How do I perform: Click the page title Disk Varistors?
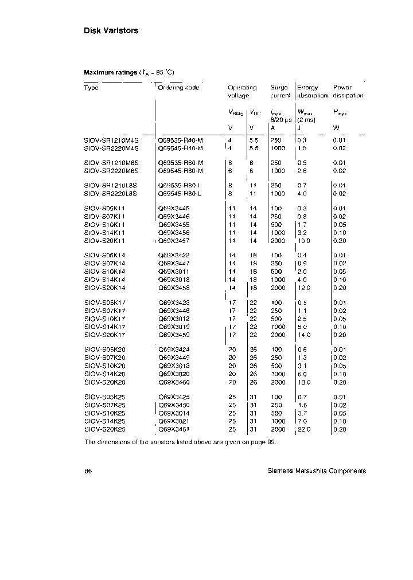tap(111, 31)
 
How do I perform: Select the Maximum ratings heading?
tap(111, 72)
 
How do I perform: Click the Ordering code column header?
tap(179, 88)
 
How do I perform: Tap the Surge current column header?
tap(280, 92)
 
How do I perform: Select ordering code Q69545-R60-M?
tap(181, 171)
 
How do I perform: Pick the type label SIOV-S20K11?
tap(104, 241)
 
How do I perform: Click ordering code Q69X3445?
tap(174, 208)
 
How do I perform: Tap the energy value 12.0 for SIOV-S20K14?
tap(304, 288)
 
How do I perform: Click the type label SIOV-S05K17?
tap(104, 303)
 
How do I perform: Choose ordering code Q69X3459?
tap(174, 335)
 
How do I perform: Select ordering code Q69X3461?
tap(174, 429)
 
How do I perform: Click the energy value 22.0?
tap(304, 429)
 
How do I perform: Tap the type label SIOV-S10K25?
tap(104, 413)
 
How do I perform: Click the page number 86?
tap(88, 471)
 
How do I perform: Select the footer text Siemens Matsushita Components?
tap(317, 471)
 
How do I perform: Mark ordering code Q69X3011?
tap(174, 272)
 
